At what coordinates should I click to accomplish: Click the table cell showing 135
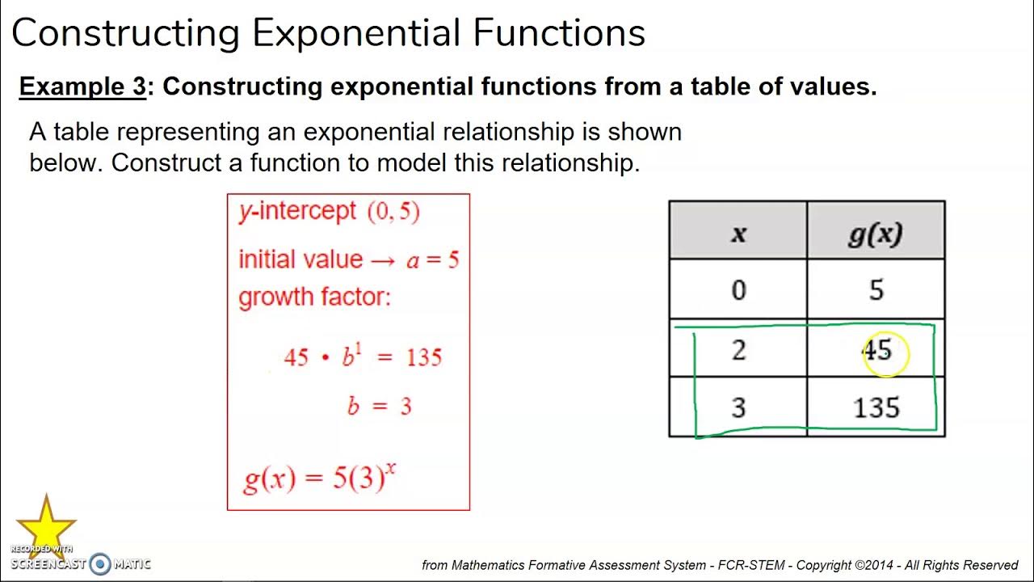click(x=876, y=407)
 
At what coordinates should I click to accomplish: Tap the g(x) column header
click(x=876, y=233)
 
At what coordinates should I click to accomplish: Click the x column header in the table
click(x=738, y=233)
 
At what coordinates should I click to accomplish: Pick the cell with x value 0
click(x=738, y=289)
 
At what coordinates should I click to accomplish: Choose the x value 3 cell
click(x=738, y=407)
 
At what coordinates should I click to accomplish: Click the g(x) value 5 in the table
click(x=876, y=289)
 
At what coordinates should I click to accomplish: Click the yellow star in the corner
click(x=46, y=523)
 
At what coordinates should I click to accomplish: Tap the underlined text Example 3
click(x=82, y=86)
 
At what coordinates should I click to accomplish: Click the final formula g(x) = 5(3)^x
click(x=319, y=479)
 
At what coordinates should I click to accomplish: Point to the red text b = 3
click(x=379, y=406)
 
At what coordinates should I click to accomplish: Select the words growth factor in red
click(x=313, y=297)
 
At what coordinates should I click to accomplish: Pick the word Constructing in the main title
click(x=125, y=33)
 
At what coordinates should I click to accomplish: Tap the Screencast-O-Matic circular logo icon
click(x=100, y=563)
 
